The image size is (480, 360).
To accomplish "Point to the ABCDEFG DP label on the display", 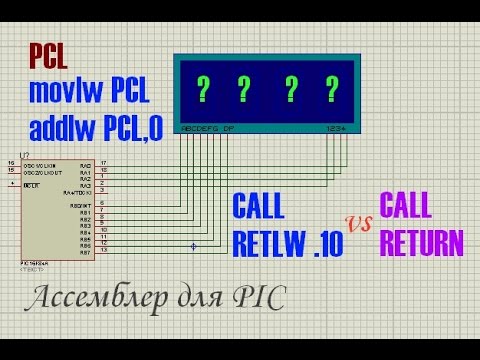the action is tap(207, 129).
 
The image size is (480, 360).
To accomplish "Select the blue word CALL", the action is tap(258, 208).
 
